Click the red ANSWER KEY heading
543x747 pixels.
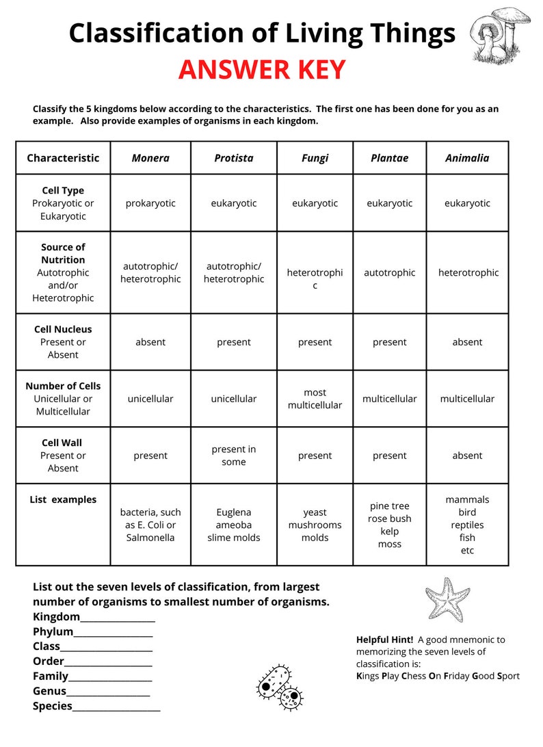pos(262,70)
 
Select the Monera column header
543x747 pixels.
pos(150,158)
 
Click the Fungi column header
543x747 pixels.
pos(315,158)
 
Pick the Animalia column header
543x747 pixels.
pos(467,158)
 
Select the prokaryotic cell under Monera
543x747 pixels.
pos(150,203)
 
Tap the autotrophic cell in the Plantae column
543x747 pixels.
pos(389,272)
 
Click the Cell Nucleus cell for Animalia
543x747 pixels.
pos(467,342)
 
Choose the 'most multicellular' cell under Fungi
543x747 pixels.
pos(315,399)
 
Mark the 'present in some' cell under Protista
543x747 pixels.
pos(234,456)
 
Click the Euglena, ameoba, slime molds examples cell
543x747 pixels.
pos(234,525)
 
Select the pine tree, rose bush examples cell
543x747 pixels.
pos(389,525)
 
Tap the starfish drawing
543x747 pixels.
pos(447,599)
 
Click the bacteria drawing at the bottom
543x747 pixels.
pos(279,687)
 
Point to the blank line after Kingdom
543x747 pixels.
pos(118,617)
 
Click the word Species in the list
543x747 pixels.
pos(53,706)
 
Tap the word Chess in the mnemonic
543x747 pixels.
pos(413,676)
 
